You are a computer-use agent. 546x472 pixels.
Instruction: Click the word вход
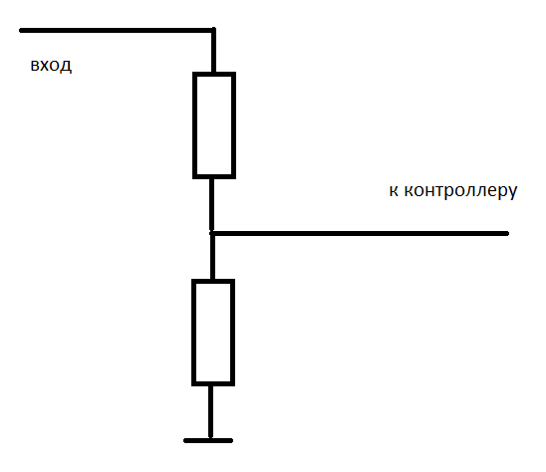[x=51, y=66]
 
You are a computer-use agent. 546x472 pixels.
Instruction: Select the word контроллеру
[x=460, y=192]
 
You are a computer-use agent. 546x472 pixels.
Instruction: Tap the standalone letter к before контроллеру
[x=394, y=191]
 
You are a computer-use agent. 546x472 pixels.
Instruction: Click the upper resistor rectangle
[x=214, y=125]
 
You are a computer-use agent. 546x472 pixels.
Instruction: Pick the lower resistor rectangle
[x=213, y=333]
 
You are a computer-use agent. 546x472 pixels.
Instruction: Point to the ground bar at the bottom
[x=208, y=441]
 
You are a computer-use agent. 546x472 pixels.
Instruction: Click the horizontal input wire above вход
[x=118, y=31]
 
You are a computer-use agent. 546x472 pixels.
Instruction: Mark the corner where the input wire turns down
[x=214, y=30]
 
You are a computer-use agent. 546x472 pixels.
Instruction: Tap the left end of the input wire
[x=21, y=31]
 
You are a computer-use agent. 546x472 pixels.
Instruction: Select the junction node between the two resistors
[x=212, y=233]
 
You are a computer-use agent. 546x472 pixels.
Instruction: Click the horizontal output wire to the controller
[x=361, y=233]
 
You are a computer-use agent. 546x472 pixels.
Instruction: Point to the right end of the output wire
[x=508, y=233]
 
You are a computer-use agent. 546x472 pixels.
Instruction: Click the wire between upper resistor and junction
[x=211, y=205]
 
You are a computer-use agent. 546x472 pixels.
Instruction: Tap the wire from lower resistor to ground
[x=210, y=412]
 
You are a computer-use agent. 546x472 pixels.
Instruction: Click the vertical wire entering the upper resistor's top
[x=214, y=52]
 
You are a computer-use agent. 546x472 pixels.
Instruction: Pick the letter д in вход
[x=66, y=67]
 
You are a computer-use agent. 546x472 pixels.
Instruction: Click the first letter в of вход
[x=34, y=66]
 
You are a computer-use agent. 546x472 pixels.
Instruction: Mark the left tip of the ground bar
[x=185, y=441]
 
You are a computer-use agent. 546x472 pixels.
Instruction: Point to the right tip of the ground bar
[x=231, y=441]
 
